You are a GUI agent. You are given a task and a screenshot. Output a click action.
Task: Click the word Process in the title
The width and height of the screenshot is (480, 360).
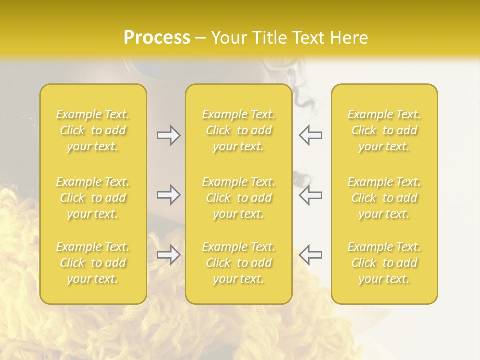[157, 37]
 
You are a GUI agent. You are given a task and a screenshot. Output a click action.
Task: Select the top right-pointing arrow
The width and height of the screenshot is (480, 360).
[168, 135]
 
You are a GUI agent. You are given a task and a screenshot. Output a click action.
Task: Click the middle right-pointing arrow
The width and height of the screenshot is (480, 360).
[168, 195]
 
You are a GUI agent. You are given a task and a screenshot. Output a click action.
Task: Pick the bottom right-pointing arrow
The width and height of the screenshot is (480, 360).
[168, 255]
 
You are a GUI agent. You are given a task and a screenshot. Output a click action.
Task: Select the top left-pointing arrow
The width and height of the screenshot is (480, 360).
[311, 135]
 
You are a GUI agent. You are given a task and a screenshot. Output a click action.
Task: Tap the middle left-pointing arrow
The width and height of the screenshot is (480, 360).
[311, 195]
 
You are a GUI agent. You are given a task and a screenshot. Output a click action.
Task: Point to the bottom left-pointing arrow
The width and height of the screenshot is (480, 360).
[311, 255]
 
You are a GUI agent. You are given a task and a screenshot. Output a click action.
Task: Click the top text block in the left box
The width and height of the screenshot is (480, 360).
[93, 130]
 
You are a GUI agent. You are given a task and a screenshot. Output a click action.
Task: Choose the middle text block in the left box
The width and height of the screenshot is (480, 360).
[93, 198]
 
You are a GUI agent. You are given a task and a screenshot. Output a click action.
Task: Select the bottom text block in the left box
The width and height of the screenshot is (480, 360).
[93, 263]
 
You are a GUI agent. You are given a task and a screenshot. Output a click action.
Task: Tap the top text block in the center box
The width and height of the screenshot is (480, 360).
[239, 130]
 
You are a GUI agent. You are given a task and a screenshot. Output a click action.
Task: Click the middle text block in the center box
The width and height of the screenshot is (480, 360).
[239, 198]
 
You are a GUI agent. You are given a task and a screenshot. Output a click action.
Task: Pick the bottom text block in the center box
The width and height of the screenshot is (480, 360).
[239, 263]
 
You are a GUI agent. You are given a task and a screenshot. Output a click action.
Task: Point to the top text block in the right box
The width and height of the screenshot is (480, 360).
[384, 130]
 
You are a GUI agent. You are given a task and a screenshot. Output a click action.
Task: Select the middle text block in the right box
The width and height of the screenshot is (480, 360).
[384, 198]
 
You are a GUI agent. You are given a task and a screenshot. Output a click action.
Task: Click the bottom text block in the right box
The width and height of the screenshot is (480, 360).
[384, 263]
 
